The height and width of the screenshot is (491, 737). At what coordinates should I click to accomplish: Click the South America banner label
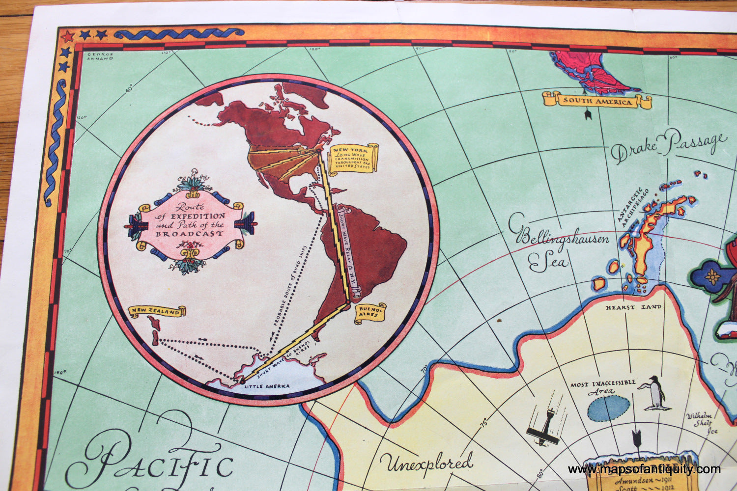(x=597, y=101)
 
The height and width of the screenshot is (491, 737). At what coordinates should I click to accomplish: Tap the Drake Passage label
(x=669, y=146)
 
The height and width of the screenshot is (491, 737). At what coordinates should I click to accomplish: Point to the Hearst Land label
(x=633, y=307)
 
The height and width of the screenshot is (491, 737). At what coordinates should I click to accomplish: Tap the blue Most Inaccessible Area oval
(x=609, y=408)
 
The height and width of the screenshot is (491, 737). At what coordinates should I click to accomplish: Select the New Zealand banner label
(x=157, y=312)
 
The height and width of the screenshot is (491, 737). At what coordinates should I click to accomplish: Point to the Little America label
(x=267, y=386)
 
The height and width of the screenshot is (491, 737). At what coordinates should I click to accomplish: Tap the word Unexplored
(x=426, y=463)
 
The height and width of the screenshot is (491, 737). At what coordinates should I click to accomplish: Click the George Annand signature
(x=100, y=56)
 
